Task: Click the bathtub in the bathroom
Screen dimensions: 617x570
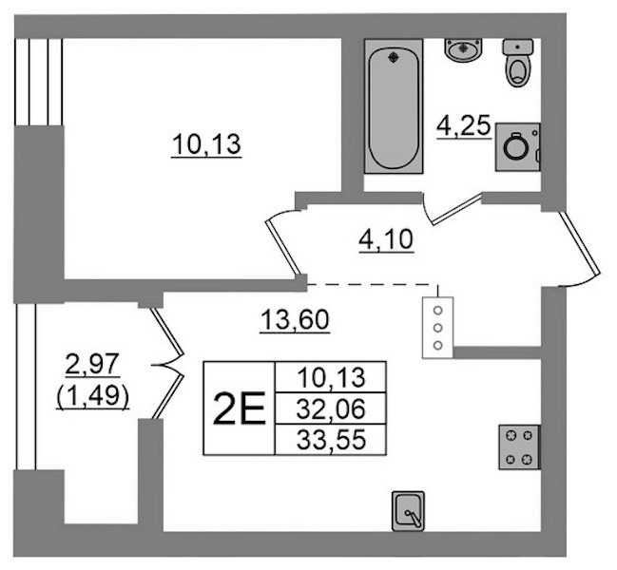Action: click(x=394, y=105)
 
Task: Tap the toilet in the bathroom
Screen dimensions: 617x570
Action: click(x=518, y=62)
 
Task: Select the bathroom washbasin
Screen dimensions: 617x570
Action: click(x=464, y=49)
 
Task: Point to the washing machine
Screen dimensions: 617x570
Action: click(x=517, y=146)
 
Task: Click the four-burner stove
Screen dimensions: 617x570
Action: click(x=519, y=446)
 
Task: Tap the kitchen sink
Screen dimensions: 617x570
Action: click(x=408, y=511)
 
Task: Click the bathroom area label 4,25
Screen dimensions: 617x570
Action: click(x=464, y=126)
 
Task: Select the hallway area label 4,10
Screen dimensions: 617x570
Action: click(x=386, y=240)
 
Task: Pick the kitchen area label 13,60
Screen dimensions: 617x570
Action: click(x=295, y=319)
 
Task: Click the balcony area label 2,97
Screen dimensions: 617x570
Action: click(x=92, y=364)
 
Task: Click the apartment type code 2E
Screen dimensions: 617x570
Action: click(x=239, y=408)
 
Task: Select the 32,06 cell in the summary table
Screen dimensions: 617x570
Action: click(x=331, y=408)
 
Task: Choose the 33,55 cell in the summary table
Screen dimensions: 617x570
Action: click(x=331, y=440)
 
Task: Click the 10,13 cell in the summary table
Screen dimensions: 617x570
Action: click(x=331, y=377)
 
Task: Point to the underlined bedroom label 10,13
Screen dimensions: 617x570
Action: click(x=206, y=144)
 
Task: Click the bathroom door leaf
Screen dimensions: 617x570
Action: click(x=456, y=210)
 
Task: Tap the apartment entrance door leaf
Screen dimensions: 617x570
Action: click(x=580, y=242)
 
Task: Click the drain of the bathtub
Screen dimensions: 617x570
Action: click(x=393, y=58)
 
